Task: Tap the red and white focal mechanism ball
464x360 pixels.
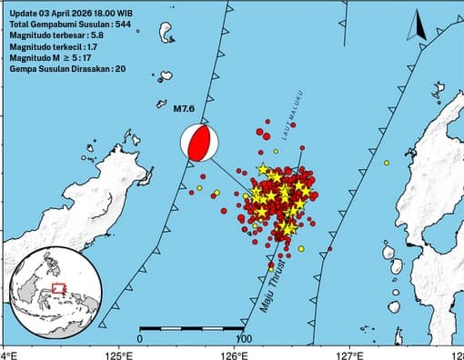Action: click(x=200, y=143)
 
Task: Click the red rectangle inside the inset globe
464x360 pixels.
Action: click(x=58, y=288)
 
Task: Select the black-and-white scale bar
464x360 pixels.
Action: click(x=191, y=327)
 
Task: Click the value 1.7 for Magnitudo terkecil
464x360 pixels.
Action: click(x=94, y=45)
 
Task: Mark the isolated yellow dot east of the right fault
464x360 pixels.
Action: click(x=387, y=163)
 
